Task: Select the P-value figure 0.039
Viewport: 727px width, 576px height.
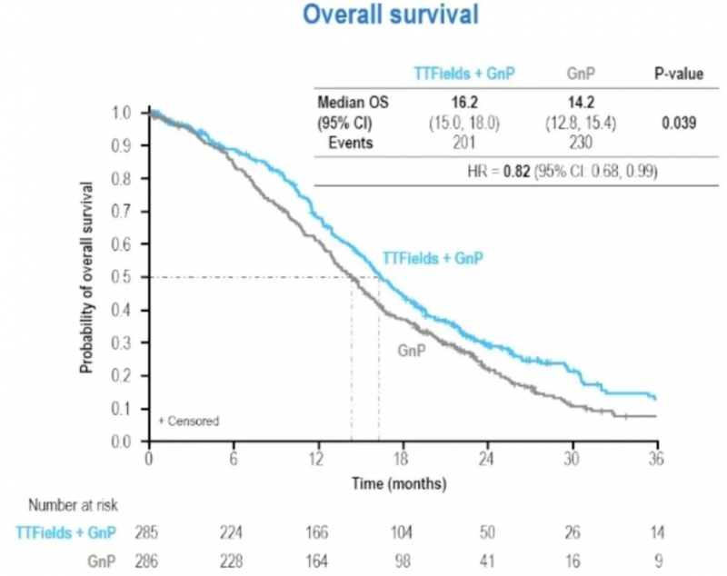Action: coord(679,122)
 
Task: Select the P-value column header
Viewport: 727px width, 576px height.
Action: coord(679,74)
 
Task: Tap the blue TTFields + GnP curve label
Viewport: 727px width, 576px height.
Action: coord(432,258)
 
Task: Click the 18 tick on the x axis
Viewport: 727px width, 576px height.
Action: coord(402,460)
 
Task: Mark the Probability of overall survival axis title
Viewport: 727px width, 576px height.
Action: coord(88,277)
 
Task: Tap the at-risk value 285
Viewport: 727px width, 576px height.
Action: coord(147,531)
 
